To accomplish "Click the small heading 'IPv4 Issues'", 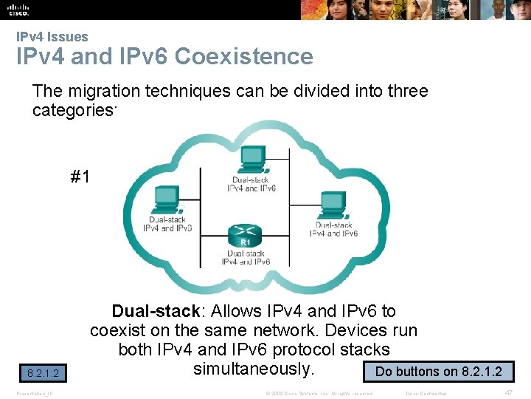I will (x=52, y=37).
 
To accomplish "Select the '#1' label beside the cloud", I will (x=80, y=177).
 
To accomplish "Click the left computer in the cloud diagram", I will (x=165, y=199).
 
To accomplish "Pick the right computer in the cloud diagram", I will (x=333, y=205).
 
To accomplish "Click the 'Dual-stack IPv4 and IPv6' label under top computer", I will (x=251, y=184).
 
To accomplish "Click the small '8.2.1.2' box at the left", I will (x=43, y=374).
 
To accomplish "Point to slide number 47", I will (x=508, y=392).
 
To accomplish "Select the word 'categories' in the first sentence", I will (x=72, y=111).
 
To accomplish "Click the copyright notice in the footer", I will (x=320, y=393).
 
